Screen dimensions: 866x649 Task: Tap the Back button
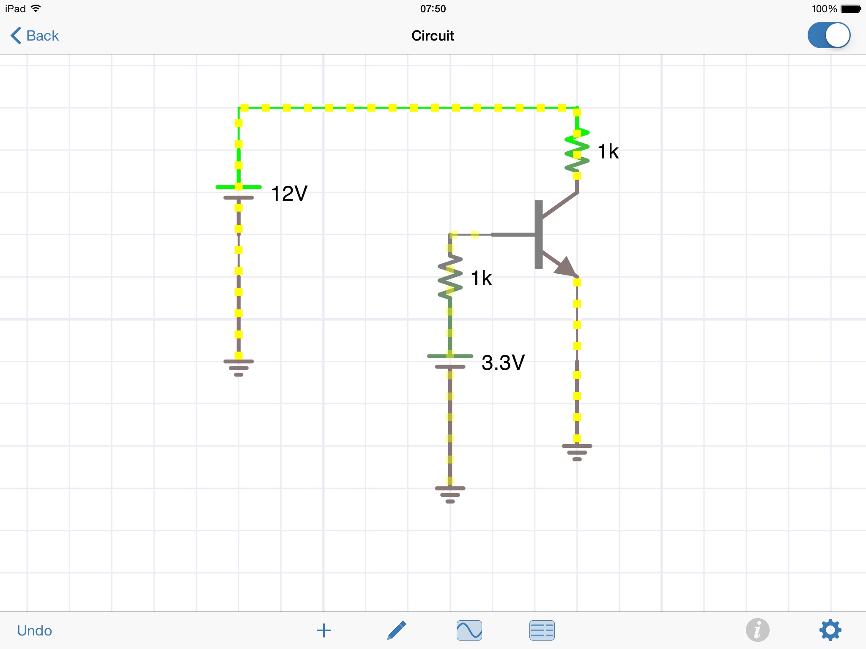[x=35, y=35]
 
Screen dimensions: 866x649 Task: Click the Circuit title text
[x=433, y=35]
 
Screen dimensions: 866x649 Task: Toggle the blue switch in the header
[x=829, y=35]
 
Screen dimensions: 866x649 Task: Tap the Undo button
[x=35, y=630]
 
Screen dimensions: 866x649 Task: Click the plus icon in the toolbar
[x=324, y=630]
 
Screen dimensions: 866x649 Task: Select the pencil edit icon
[x=397, y=630]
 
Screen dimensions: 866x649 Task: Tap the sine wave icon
[x=469, y=630]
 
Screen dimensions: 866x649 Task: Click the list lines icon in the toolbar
[x=542, y=630]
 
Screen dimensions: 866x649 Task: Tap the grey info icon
[x=757, y=630]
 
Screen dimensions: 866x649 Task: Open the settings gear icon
[x=830, y=630]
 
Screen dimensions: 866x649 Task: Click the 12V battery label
[x=289, y=194]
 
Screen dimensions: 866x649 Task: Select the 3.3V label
[x=503, y=363]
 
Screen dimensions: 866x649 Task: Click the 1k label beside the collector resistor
[x=608, y=151]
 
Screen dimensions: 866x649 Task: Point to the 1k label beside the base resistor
[x=481, y=278]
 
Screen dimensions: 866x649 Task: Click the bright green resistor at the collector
[x=577, y=150]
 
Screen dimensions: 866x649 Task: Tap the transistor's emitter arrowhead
[x=565, y=267]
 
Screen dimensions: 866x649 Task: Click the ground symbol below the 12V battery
[x=238, y=368]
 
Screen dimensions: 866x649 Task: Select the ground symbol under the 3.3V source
[x=450, y=494]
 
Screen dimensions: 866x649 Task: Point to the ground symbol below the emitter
[x=577, y=452]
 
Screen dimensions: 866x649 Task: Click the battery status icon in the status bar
[x=851, y=8]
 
